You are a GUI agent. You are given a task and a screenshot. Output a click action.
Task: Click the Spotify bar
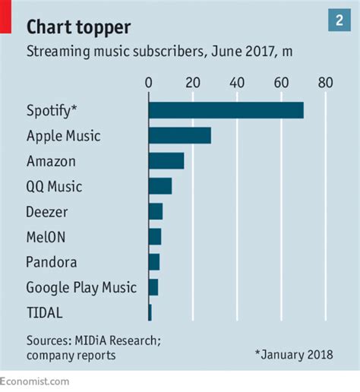coord(226,110)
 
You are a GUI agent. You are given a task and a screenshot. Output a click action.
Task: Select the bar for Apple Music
coord(179,136)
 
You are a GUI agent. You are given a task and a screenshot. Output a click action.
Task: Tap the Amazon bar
coord(166,161)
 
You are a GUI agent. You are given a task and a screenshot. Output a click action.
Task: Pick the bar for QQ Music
coord(159,186)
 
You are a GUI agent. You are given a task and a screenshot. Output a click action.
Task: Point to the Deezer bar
coord(155,211)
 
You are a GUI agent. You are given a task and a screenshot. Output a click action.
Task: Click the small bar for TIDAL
coord(150,311)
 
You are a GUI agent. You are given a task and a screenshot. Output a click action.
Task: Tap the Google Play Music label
coord(81,287)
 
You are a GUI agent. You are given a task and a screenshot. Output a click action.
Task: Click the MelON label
coord(46,237)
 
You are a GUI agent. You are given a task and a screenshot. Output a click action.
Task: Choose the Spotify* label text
coord(52,111)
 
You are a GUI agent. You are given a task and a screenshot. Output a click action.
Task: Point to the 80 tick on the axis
coord(325,82)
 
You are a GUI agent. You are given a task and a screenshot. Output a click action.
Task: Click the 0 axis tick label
coord(149,82)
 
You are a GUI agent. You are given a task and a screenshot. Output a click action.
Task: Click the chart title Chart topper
coord(78,27)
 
